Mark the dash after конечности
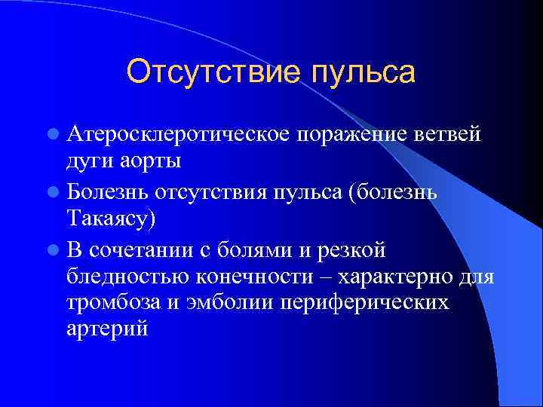pos(329,277)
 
